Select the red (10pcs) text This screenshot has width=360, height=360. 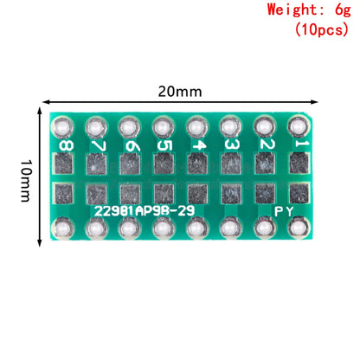pos(321,29)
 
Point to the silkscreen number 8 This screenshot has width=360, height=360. pos(63,145)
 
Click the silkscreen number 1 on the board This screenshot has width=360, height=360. pos(299,145)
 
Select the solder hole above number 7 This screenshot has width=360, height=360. pos(96,126)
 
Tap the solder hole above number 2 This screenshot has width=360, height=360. pos(265,126)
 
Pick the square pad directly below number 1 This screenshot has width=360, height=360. pos(299,163)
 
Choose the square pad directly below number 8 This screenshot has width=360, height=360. pos(63,163)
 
